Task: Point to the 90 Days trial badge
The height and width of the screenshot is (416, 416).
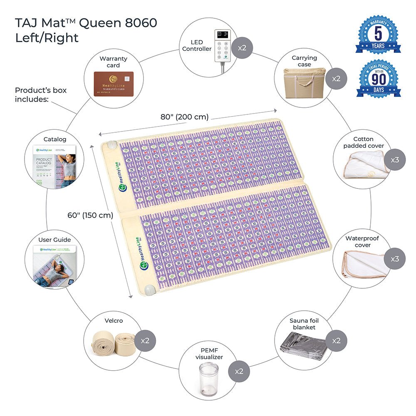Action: pyautogui.click(x=378, y=79)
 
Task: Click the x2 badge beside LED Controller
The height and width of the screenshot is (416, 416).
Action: pyautogui.click(x=242, y=47)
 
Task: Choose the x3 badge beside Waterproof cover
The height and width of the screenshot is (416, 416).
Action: pyautogui.click(x=395, y=259)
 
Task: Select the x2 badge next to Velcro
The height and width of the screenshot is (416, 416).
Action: pyautogui.click(x=145, y=341)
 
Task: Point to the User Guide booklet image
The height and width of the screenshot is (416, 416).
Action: pyautogui.click(x=55, y=266)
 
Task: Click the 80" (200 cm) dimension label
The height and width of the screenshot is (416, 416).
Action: pyautogui.click(x=185, y=117)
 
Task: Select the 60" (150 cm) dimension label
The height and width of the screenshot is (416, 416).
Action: pyautogui.click(x=90, y=215)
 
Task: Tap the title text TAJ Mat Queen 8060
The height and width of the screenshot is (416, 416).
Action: pyautogui.click(x=86, y=23)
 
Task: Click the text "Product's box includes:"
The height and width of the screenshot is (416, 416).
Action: pyautogui.click(x=41, y=94)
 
